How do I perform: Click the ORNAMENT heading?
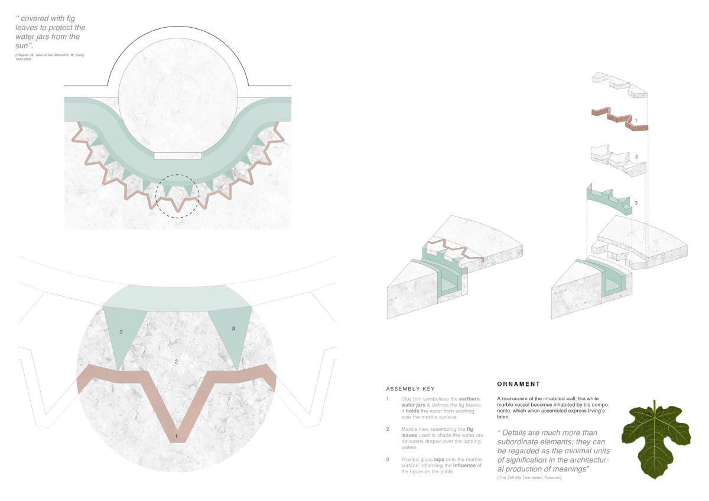[519, 384]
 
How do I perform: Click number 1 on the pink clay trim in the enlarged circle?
[176, 436]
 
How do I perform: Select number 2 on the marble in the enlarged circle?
[176, 361]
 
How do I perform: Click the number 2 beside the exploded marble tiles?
[636, 157]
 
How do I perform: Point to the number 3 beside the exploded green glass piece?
[636, 202]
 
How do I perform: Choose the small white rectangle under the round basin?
[178, 156]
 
